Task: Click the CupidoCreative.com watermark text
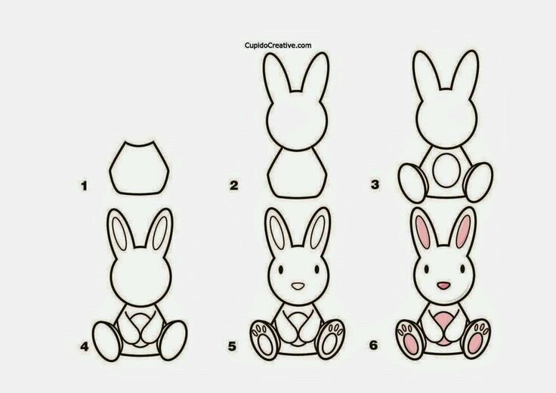[x=278, y=45]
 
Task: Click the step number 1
[x=84, y=186]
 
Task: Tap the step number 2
[x=233, y=185]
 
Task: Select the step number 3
[x=375, y=184]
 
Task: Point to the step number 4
[x=85, y=346]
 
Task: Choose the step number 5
[x=232, y=346]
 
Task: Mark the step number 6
[x=374, y=345]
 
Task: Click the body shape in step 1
[x=139, y=169]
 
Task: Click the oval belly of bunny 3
[x=446, y=170]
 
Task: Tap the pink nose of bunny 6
[x=443, y=285]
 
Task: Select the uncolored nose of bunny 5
[x=298, y=286]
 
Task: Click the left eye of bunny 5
[x=280, y=270]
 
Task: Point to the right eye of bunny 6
[x=462, y=269]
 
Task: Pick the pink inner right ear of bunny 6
[x=463, y=231]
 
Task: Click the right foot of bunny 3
[x=479, y=182]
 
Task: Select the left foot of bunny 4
[x=107, y=341]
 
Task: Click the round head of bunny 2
[x=296, y=122]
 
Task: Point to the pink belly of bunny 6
[x=443, y=326]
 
